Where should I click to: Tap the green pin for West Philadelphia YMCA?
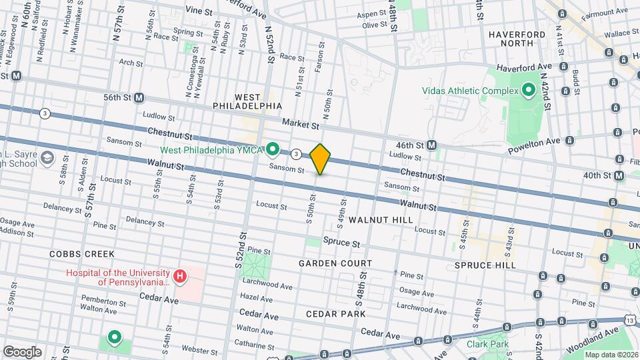273,148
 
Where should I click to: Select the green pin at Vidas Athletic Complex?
529,90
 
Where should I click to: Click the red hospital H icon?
179,276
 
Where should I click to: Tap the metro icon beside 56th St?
139,97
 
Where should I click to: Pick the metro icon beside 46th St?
432,145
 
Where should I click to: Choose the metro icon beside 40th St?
619,175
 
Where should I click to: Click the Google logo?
22,351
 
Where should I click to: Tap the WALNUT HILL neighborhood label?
381,219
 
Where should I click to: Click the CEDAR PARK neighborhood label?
335,313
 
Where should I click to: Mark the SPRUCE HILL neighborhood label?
485,265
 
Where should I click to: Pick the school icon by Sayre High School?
47,157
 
